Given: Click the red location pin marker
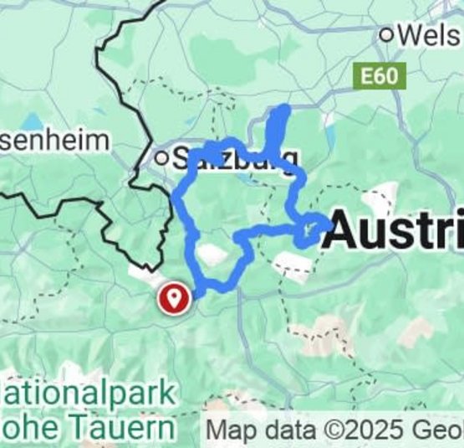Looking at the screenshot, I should point(174,297).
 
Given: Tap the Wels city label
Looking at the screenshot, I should point(430,35).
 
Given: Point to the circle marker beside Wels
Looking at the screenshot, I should point(387,35).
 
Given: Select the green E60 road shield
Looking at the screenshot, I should point(384,78).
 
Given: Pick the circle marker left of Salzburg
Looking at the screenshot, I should point(161,157).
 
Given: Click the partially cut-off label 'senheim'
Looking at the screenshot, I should point(54,140).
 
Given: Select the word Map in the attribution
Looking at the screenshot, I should point(229,430).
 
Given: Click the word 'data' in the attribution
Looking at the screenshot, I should point(285,430).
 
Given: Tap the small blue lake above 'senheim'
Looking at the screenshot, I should point(33,122).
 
